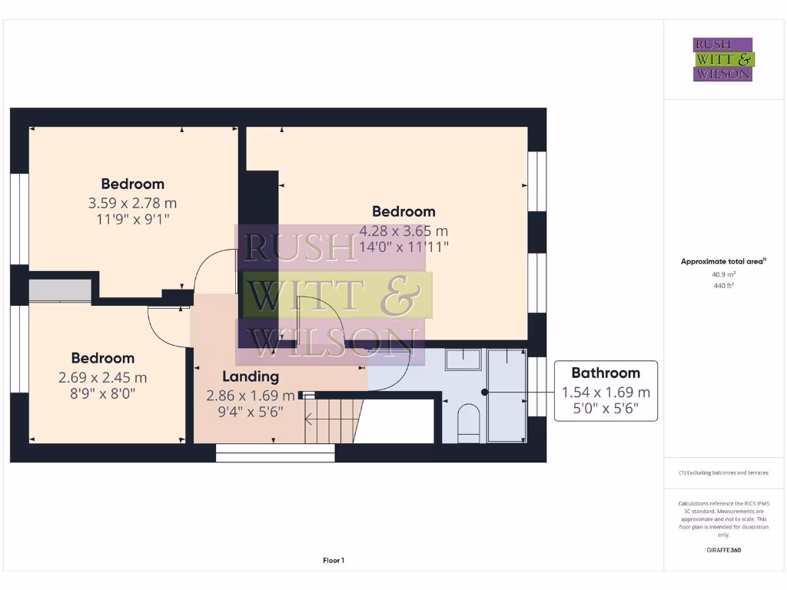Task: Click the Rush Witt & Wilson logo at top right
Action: point(723,60)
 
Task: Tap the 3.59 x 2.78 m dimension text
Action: point(132,204)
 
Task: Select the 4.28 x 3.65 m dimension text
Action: point(403,230)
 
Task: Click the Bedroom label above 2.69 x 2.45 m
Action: point(103,358)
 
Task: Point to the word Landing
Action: point(251,376)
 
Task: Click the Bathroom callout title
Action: point(606,373)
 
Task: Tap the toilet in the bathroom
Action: point(468,423)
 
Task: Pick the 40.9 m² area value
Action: point(722,273)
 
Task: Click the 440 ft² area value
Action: point(722,286)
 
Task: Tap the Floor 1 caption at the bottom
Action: point(334,561)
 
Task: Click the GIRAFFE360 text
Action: point(723,550)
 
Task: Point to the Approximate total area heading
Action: point(722,261)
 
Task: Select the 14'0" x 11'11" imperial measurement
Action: point(403,247)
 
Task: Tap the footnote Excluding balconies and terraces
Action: point(723,473)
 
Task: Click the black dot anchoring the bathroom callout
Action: point(485,392)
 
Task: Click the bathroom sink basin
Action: point(463,360)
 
